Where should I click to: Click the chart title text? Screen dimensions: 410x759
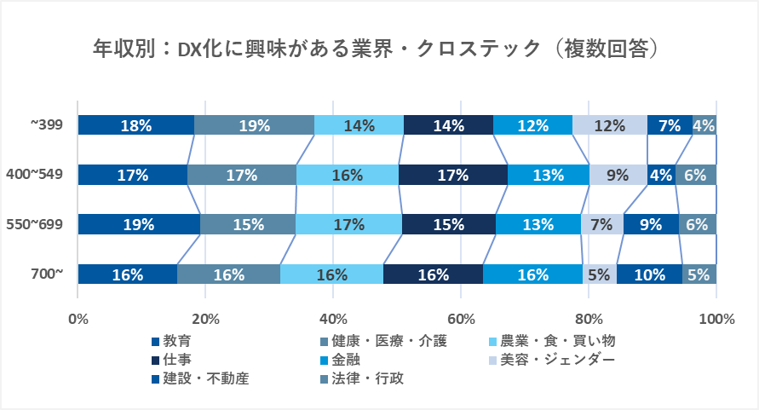coord(379,49)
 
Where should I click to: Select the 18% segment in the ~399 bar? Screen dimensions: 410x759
coord(136,125)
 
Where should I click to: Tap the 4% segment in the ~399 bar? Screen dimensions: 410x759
coord(704,125)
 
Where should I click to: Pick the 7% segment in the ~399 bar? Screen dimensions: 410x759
coord(670,125)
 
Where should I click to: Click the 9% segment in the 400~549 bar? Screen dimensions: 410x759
coord(618,176)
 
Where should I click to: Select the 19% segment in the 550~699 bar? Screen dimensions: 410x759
coord(139,225)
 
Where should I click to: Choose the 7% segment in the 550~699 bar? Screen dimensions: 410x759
coord(601,225)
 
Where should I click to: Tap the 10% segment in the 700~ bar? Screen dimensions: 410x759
coord(649,274)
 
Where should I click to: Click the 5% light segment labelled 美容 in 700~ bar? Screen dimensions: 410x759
coord(600,274)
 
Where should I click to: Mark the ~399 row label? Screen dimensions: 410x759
coord(47,125)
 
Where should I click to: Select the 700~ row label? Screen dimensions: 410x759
coord(47,274)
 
